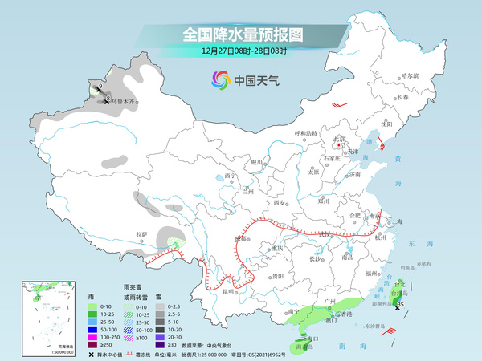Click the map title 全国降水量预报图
(x=240, y=34)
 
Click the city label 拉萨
(x=142, y=234)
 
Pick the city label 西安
(x=280, y=204)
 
